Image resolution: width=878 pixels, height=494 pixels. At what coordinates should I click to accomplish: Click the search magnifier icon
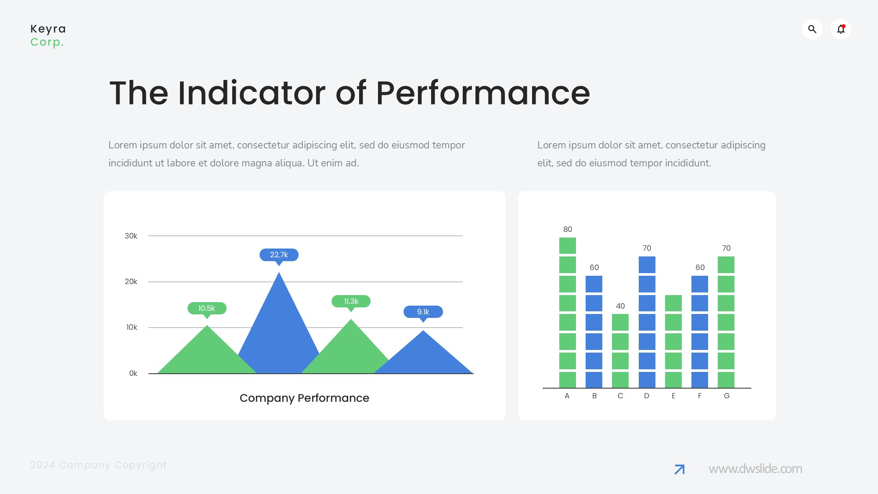tap(812, 29)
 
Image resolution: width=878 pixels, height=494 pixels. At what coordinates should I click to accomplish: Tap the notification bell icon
tap(841, 29)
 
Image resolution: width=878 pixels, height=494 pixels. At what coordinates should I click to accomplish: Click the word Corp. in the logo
tap(47, 43)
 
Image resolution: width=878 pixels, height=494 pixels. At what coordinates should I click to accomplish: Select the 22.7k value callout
tap(279, 256)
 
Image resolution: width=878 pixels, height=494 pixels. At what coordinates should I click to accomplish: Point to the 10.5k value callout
tap(207, 309)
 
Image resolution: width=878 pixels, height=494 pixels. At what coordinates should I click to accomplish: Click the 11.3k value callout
tap(351, 302)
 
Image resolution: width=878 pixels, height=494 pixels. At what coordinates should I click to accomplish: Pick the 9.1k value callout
tap(423, 313)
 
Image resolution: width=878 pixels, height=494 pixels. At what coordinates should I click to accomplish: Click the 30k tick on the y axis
tap(131, 236)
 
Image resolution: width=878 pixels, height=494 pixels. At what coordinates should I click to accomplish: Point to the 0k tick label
tap(133, 373)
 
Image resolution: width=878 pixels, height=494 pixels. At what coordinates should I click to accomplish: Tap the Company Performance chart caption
tap(304, 398)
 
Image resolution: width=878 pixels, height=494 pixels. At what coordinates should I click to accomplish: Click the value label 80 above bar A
tap(568, 229)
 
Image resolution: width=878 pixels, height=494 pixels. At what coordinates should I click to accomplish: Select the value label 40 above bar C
tap(620, 306)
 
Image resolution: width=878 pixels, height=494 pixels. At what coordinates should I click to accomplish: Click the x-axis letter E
tap(673, 396)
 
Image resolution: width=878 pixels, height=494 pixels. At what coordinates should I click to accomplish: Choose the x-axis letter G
tap(727, 396)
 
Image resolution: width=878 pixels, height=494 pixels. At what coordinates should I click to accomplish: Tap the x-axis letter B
tap(594, 396)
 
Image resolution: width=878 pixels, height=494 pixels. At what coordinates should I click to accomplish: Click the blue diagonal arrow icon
tap(680, 469)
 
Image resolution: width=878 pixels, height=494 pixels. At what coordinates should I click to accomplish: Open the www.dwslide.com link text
tap(755, 469)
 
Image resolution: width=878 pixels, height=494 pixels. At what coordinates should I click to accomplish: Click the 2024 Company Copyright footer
tap(98, 465)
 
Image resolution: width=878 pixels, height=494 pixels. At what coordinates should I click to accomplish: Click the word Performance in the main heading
tap(483, 93)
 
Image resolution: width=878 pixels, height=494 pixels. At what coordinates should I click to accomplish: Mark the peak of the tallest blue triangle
tap(279, 272)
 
